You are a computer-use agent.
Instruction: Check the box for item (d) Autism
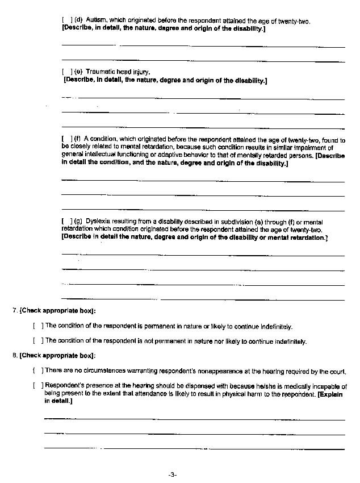coord(66,21)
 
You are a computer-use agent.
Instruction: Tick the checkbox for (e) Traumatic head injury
coord(66,72)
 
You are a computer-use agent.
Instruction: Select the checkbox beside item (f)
coord(66,139)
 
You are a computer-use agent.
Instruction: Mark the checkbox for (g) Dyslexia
coord(66,222)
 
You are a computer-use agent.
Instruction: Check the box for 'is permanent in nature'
coord(38,326)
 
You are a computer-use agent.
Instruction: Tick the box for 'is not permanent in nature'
coord(38,342)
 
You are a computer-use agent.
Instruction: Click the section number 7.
coord(14,311)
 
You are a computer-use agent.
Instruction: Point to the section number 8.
coord(14,356)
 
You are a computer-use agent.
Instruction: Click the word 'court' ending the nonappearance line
coord(338,372)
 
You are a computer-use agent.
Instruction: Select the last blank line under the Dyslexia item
coord(203,298)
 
